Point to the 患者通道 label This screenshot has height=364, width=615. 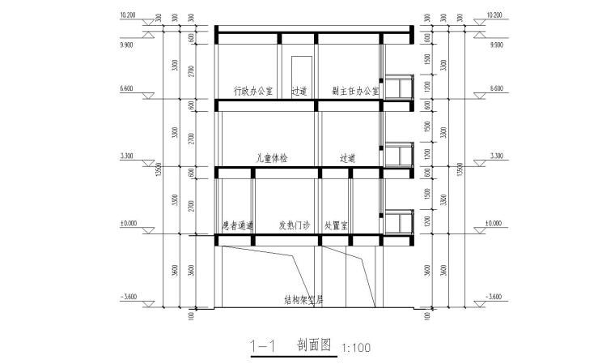[x=239, y=226]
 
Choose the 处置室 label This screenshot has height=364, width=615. [x=336, y=226]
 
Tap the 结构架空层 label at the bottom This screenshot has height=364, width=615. [x=303, y=298]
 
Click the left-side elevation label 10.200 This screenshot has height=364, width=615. [x=127, y=15]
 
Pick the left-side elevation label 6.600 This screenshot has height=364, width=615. [x=127, y=87]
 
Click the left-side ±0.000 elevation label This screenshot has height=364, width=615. [x=127, y=222]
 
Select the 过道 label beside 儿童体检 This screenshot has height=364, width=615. [x=349, y=158]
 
